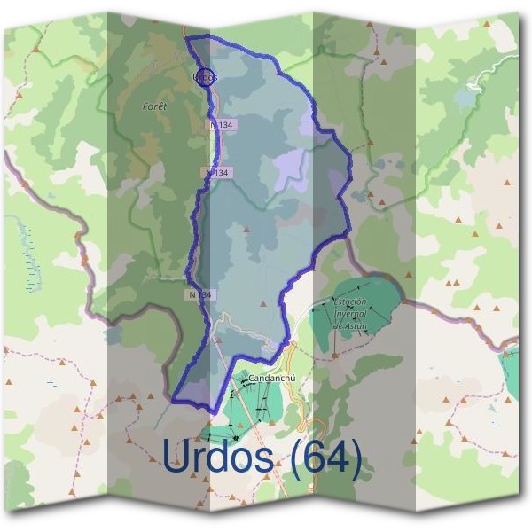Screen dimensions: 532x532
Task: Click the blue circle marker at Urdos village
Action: (x=204, y=77)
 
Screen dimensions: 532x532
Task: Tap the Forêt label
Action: (x=154, y=106)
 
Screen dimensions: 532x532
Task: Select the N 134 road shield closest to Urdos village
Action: (x=222, y=126)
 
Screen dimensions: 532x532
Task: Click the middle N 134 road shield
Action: (x=216, y=172)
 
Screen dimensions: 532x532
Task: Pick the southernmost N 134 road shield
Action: (x=201, y=293)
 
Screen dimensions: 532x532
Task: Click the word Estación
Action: (x=349, y=302)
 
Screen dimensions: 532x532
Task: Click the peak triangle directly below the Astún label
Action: (x=333, y=356)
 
